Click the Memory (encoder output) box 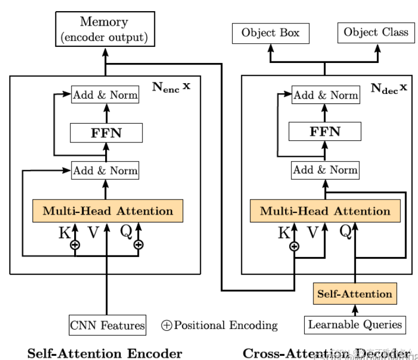104,30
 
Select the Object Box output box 270,33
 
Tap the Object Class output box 375,33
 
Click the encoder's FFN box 106,133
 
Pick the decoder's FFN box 325,131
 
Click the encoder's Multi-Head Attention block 108,211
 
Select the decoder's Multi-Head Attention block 325,211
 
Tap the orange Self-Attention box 354,294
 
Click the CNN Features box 107,325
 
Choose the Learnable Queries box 354,324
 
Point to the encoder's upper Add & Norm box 105,95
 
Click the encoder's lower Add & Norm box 105,171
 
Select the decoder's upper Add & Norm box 325,95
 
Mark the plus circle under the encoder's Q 139,245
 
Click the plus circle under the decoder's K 294,246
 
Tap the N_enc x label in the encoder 171,87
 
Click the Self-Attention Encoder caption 105,353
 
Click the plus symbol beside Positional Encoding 167,325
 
